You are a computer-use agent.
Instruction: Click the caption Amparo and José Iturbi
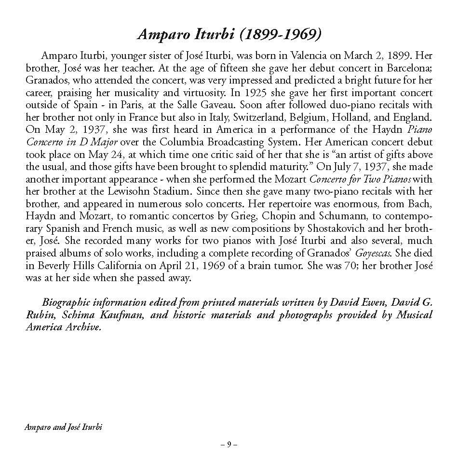[x=64, y=427]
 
